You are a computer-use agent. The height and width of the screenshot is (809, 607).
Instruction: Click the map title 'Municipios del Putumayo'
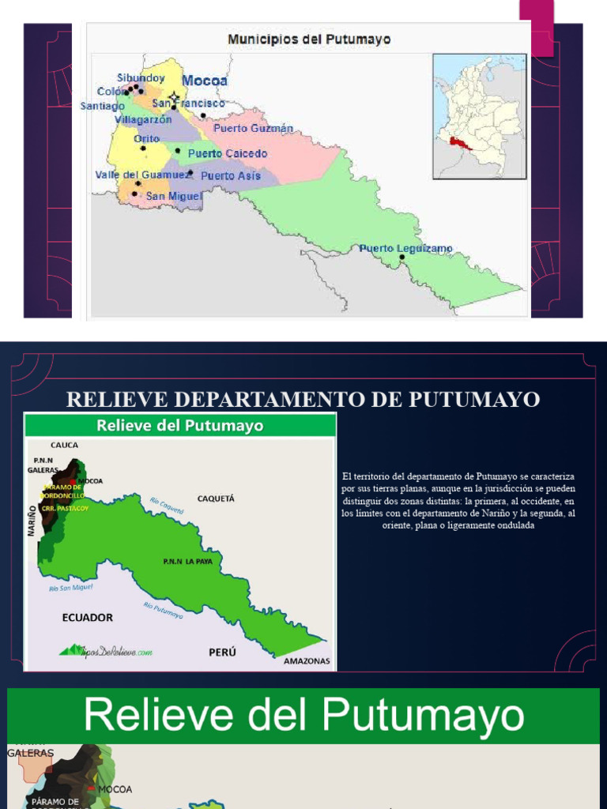309,39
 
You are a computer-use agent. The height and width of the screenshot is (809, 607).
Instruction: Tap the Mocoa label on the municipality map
205,81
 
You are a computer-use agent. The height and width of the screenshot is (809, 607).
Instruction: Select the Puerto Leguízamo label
405,248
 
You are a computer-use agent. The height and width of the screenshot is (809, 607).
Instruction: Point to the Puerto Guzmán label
253,128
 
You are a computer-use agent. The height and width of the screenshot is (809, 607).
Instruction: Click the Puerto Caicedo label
228,153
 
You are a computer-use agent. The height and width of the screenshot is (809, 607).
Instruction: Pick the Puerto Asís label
231,176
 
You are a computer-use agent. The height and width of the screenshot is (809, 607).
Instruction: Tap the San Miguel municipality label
174,195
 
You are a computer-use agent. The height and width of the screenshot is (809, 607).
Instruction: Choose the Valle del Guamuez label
143,175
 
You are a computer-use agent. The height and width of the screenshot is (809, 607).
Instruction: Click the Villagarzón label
143,120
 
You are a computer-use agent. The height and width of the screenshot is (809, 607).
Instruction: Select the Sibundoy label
141,77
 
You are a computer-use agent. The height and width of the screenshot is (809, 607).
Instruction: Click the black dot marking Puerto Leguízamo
402,258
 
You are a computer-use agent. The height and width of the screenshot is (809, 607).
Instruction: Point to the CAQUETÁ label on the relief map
216,499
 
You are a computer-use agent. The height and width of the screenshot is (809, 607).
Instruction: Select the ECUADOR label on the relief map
87,617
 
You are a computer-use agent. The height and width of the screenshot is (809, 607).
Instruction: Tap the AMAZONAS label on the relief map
307,661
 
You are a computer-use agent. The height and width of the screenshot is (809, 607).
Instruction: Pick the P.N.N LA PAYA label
185,561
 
